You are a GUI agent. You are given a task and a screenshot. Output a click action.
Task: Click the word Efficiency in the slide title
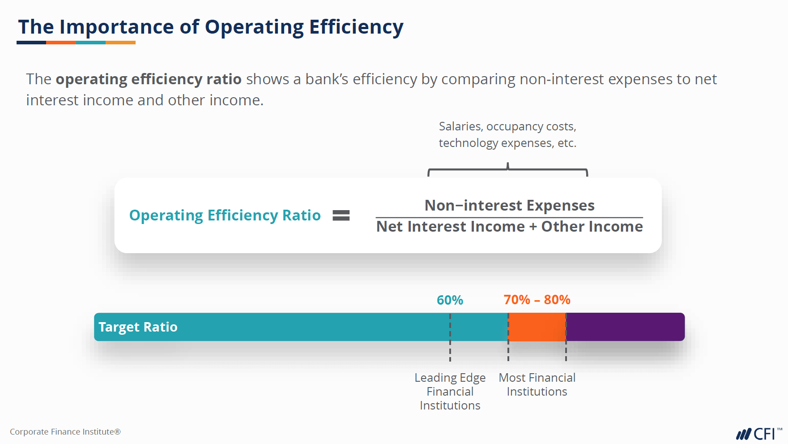point(356,27)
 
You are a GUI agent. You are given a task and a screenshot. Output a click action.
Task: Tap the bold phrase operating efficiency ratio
point(149,79)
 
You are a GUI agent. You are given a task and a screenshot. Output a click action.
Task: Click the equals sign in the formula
point(341,216)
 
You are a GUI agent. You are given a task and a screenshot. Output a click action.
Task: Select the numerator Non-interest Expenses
point(509,205)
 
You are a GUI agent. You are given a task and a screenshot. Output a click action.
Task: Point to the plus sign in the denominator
point(533,227)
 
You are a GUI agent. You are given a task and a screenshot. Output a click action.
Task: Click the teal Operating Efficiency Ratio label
point(225,216)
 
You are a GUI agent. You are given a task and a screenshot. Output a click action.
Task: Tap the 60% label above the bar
point(450,300)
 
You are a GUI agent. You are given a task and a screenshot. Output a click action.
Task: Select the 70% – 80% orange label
point(537,300)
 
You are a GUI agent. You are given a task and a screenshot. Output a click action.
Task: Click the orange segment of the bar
point(537,327)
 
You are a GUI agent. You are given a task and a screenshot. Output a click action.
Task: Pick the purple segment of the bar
point(625,327)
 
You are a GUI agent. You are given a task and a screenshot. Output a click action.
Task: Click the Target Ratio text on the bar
point(138,327)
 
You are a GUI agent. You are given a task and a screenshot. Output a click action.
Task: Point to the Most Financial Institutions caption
point(537,384)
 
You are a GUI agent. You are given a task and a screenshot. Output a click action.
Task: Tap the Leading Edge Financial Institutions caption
point(450,391)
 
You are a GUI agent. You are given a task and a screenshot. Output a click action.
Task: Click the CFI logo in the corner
point(757,434)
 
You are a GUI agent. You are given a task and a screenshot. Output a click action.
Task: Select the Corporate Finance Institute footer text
point(65,432)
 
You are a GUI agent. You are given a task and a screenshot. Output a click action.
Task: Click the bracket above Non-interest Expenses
point(507,170)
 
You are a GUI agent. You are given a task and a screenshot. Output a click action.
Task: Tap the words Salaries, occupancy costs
point(507,127)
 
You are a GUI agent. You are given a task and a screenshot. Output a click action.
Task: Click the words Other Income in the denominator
point(592,227)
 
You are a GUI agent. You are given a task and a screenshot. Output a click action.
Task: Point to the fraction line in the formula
point(509,217)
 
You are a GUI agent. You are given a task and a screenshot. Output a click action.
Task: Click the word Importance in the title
point(116,27)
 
